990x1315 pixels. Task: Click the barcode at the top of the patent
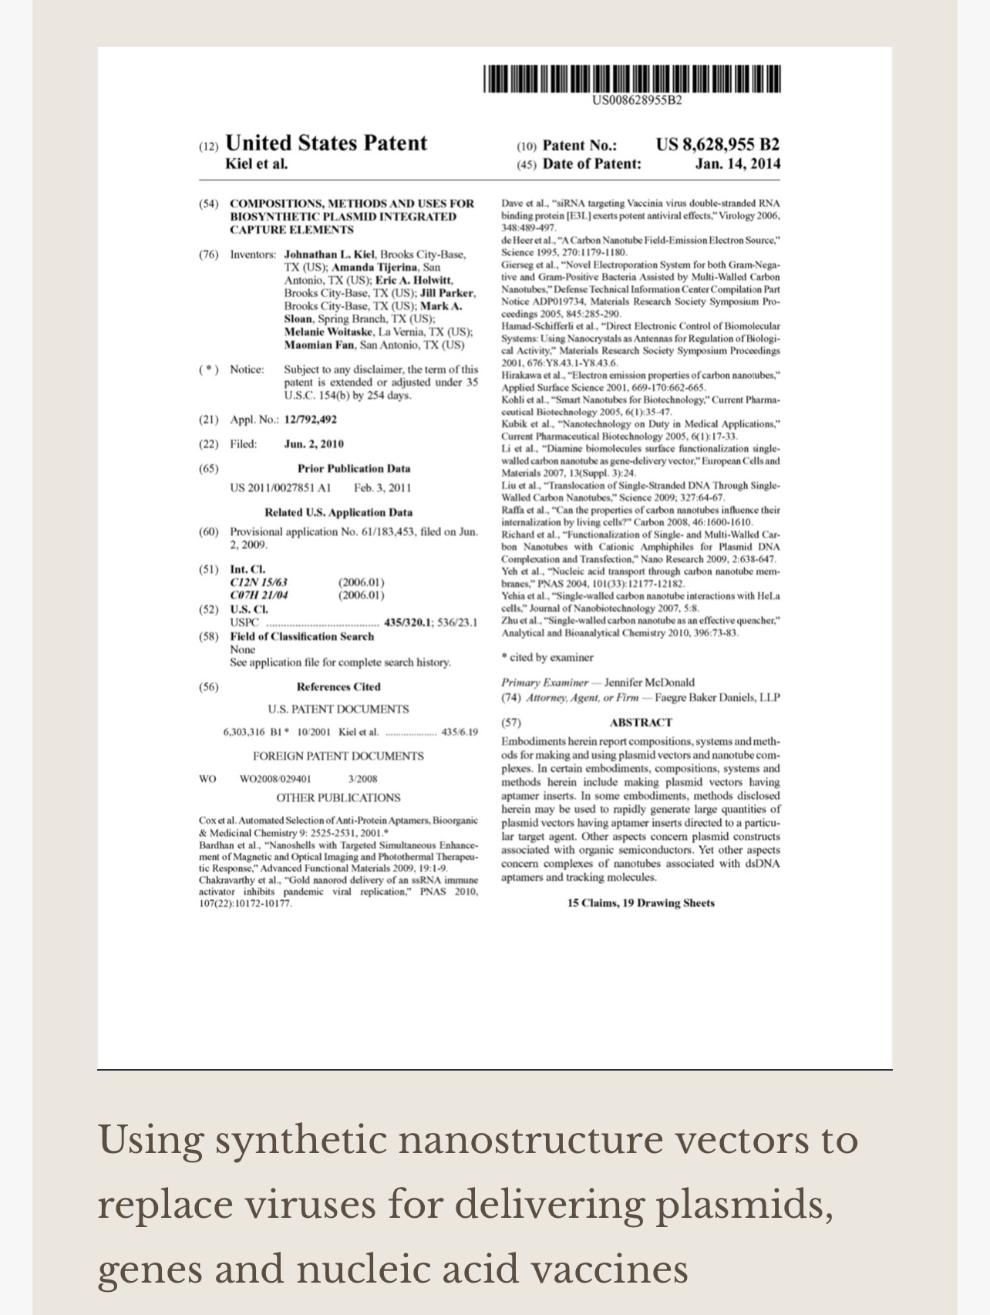tap(632, 79)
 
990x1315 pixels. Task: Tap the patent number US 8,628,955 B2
tap(717, 144)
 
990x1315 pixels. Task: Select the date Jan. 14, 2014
tap(737, 164)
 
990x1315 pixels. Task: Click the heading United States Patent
tap(325, 143)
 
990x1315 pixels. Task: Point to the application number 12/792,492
tap(310, 420)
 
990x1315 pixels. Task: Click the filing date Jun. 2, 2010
tap(314, 444)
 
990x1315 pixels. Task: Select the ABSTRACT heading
tap(640, 723)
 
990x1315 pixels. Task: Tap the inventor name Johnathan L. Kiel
tap(328, 255)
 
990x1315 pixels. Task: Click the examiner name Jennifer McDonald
tap(649, 683)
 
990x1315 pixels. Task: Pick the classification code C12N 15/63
tap(259, 582)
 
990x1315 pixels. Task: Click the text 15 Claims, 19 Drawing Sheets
tap(641, 903)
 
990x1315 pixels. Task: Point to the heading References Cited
tap(338, 687)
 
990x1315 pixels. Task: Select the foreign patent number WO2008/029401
tap(275, 779)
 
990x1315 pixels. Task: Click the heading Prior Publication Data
tap(354, 469)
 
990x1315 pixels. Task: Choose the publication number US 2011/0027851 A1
tap(280, 487)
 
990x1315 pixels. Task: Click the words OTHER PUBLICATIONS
tap(338, 798)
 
